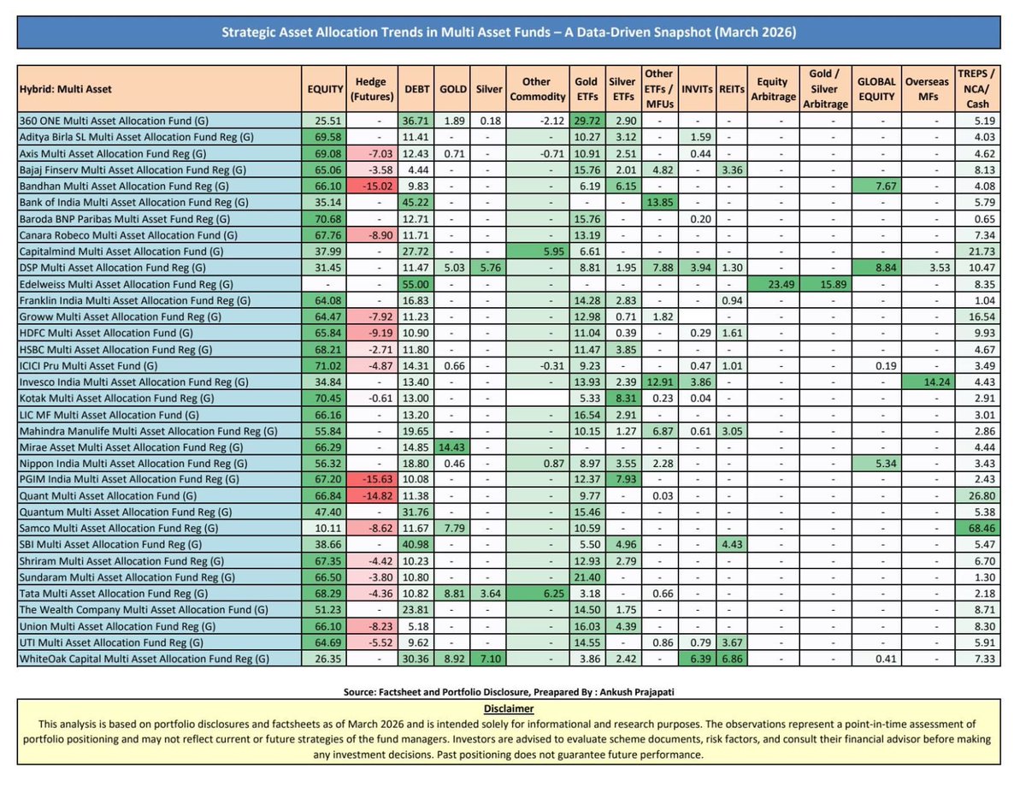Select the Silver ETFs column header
point(622,88)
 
